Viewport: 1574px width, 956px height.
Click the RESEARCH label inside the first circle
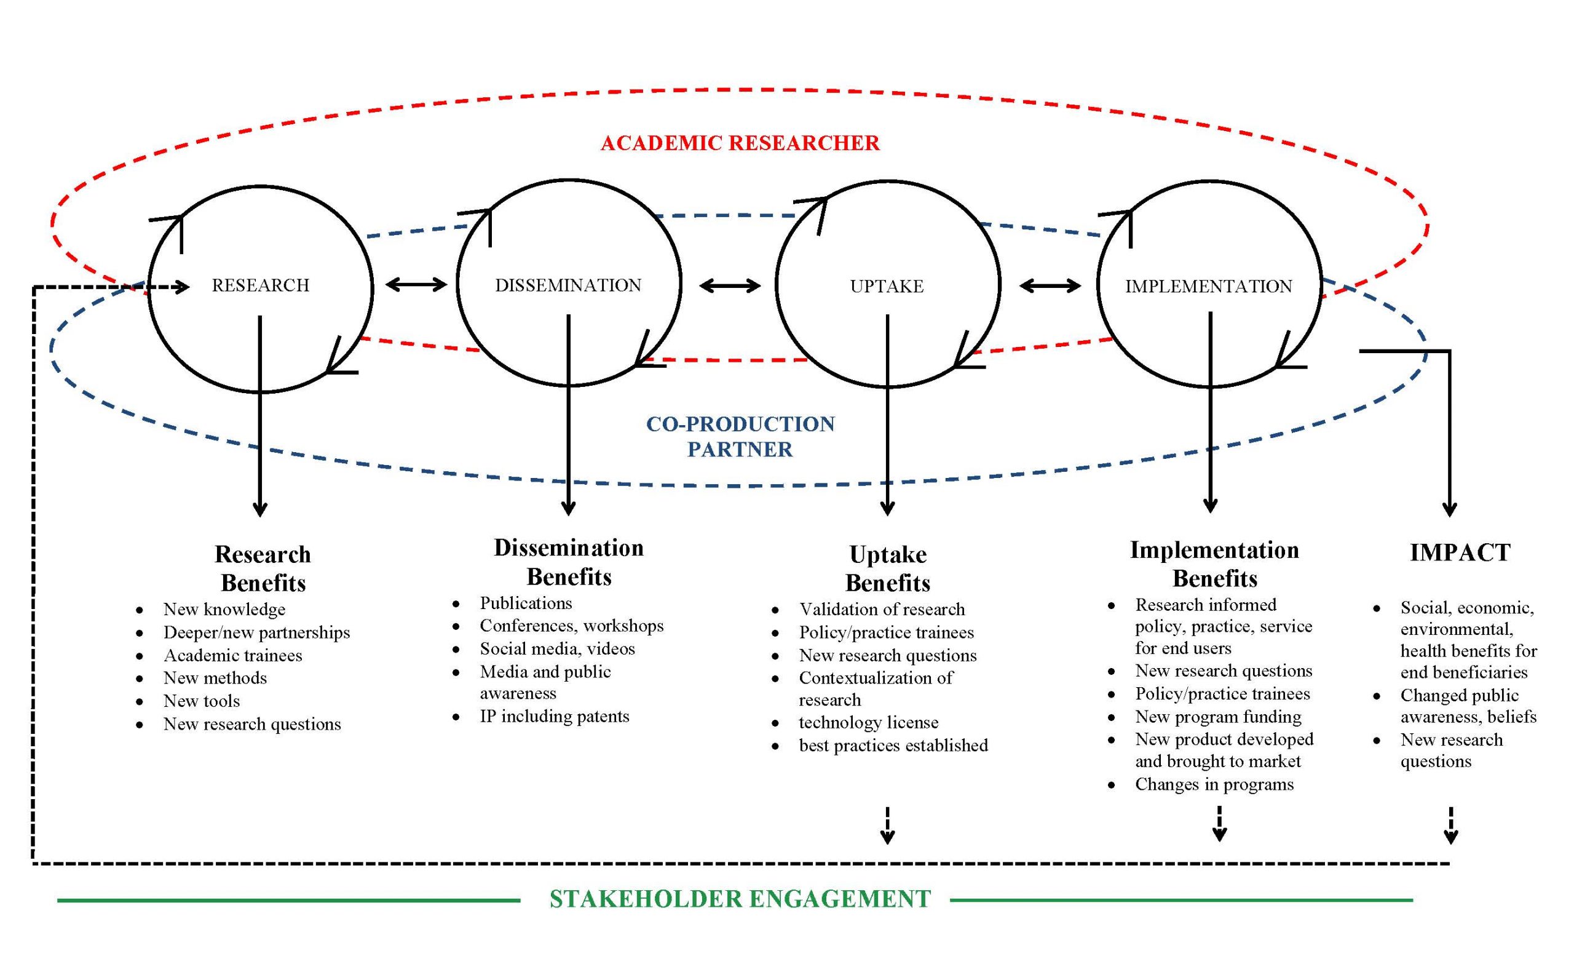(261, 285)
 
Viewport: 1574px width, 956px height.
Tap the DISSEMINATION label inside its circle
(568, 285)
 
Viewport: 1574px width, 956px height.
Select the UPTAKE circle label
(887, 286)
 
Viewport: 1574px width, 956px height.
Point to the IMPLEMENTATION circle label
(1209, 286)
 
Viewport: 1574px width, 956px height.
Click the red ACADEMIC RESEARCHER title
(740, 143)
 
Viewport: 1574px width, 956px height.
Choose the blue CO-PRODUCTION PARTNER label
(740, 436)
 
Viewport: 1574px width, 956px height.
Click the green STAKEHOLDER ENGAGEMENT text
(740, 899)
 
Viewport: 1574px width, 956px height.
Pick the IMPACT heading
(1460, 552)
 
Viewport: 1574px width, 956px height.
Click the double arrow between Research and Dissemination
(416, 284)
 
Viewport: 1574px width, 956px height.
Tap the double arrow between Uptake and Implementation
(1050, 285)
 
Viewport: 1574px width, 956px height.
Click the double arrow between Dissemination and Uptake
(730, 285)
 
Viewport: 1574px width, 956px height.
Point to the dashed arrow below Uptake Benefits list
(887, 826)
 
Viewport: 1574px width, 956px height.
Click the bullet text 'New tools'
(202, 701)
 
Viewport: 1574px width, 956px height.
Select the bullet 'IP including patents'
(555, 716)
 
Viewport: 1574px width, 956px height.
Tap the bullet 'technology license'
(869, 723)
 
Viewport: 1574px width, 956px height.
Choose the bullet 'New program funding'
(1218, 717)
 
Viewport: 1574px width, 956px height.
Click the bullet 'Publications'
(526, 603)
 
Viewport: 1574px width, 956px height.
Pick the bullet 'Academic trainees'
(232, 656)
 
